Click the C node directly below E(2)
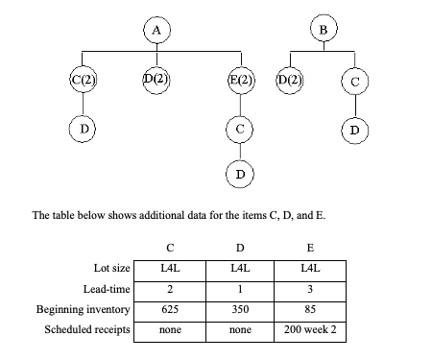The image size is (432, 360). pyautogui.click(x=241, y=127)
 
